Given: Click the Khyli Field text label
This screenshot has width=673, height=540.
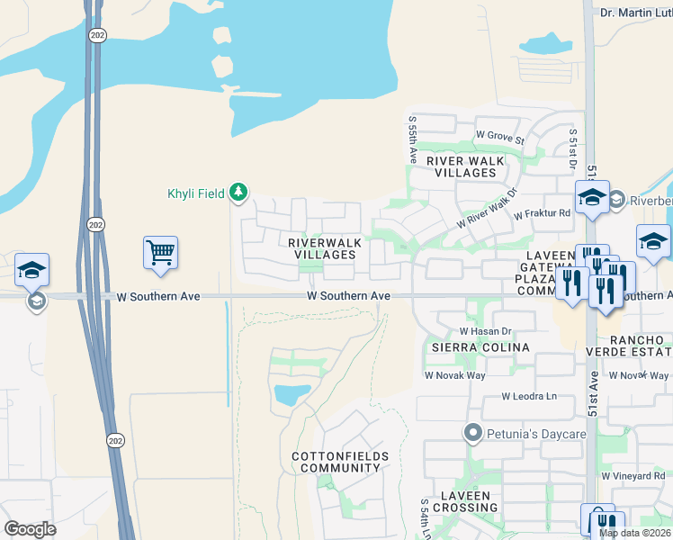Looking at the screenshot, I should [198, 193].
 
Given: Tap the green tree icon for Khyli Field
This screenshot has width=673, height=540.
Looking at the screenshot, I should [238, 192].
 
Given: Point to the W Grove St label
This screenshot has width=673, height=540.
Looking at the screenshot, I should [499, 135].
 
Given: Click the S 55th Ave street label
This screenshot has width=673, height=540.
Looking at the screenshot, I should [411, 135].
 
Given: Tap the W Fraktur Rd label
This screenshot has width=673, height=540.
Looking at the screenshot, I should [542, 214].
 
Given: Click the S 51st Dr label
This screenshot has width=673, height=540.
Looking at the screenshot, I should [571, 148].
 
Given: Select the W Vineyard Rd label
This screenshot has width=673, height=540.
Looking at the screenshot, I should [635, 475].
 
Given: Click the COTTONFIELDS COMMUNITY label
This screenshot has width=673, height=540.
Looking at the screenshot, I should [340, 463].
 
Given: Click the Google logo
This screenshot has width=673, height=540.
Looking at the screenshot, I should [30, 528].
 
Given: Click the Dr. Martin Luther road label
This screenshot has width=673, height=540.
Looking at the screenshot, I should [635, 13].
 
